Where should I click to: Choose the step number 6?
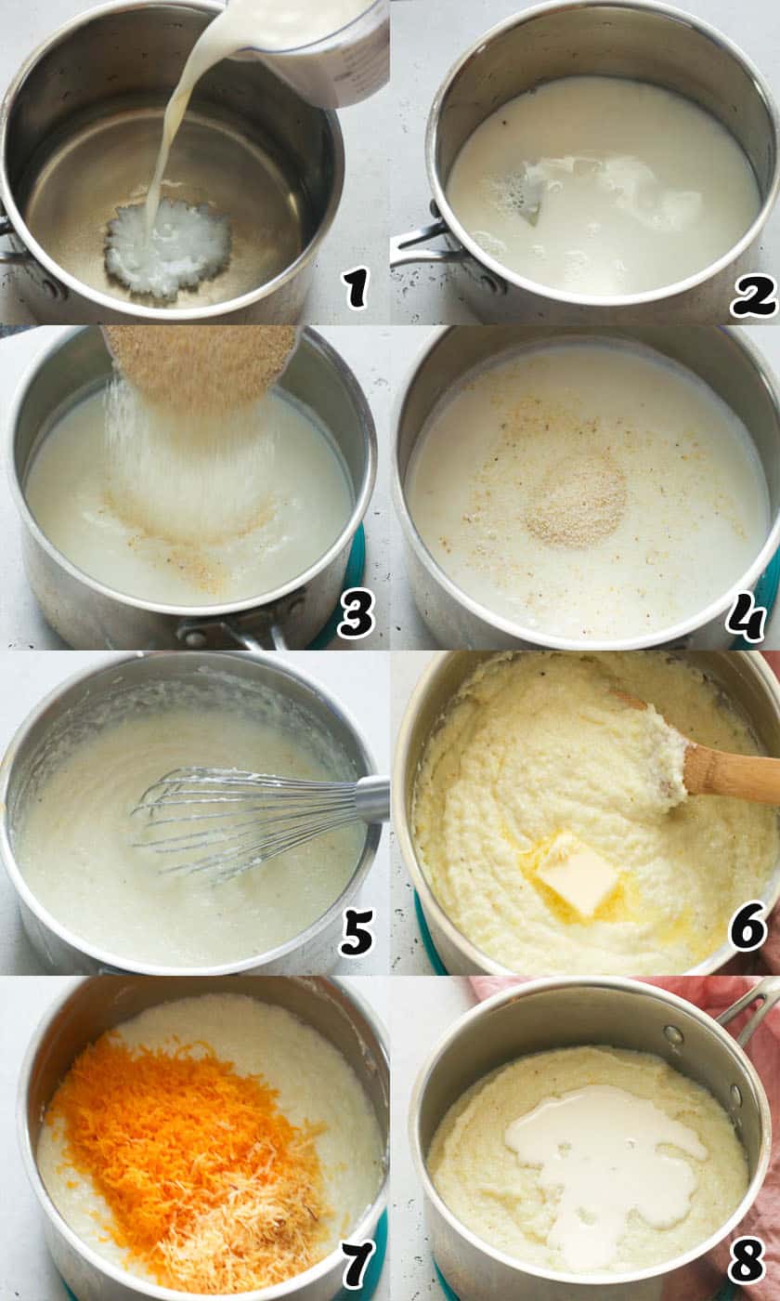click(751, 928)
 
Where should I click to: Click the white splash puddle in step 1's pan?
click(167, 246)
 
